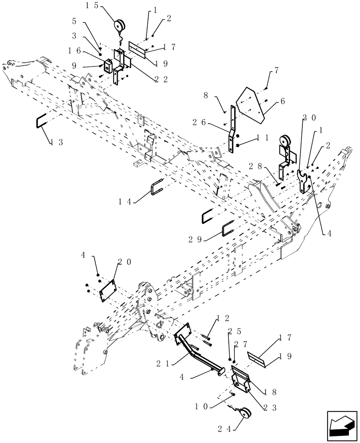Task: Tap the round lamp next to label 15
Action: coord(120,25)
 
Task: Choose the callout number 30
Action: coord(309,118)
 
